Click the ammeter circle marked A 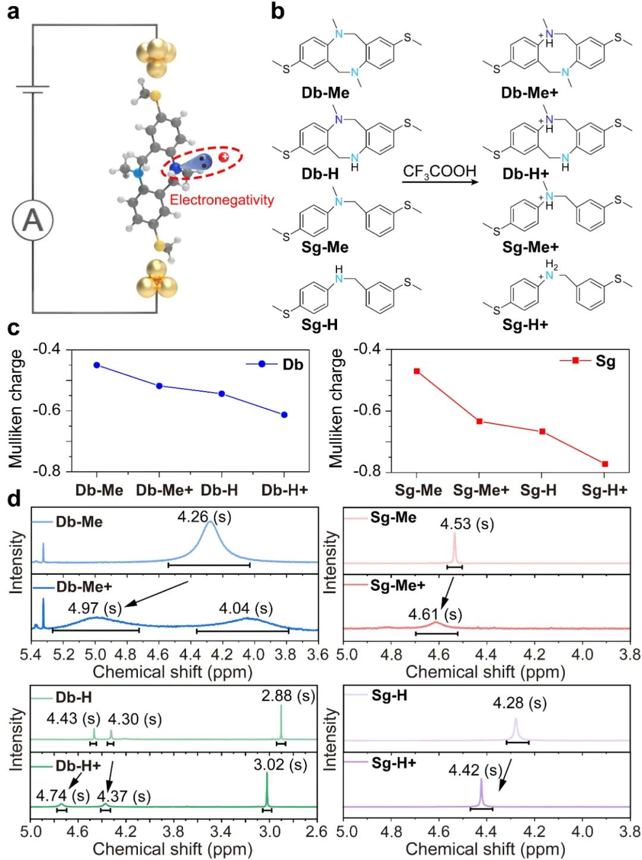pyautogui.click(x=33, y=220)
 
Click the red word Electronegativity pyautogui.click(x=222, y=200)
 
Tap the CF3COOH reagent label pyautogui.click(x=439, y=172)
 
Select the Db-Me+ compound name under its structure pyautogui.click(x=529, y=93)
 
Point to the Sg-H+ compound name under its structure pyautogui.click(x=525, y=325)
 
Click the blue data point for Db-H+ pyautogui.click(x=284, y=414)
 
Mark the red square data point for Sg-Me pyautogui.click(x=417, y=371)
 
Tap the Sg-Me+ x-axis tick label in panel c pyautogui.click(x=481, y=490)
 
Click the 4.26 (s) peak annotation pyautogui.click(x=204, y=517)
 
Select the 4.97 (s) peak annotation pyautogui.click(x=95, y=608)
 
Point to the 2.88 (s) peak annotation pyautogui.click(x=288, y=695)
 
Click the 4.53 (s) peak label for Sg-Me pyautogui.click(x=467, y=524)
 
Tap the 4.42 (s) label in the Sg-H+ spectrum pyautogui.click(x=475, y=770)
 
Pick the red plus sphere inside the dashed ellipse pyautogui.click(x=224, y=157)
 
